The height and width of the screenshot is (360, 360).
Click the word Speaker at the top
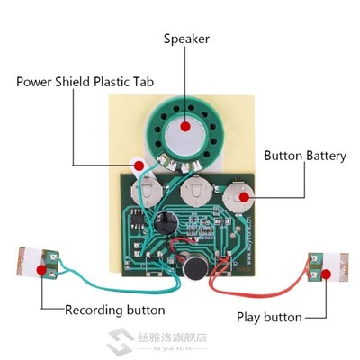point(186,39)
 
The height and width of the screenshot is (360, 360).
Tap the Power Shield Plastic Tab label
point(85,82)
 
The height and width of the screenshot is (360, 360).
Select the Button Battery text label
point(305,156)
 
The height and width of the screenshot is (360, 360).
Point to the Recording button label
point(114,310)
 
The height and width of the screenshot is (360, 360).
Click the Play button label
point(269,317)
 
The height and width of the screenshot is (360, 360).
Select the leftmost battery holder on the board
point(146,191)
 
